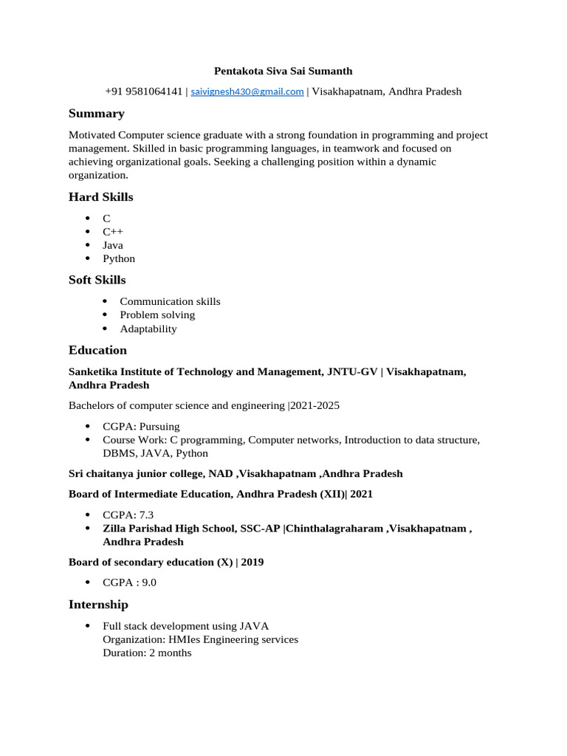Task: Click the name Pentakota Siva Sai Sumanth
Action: coord(283,71)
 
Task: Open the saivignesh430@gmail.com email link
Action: coord(247,92)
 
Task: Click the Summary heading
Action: coord(97,114)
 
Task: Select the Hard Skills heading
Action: coord(101,197)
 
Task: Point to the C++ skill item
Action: coord(113,232)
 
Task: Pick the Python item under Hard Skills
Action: coord(119,259)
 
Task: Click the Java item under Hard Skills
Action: coord(113,245)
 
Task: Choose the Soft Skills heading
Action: coord(97,281)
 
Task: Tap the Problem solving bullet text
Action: coord(157,315)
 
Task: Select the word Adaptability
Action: coord(148,329)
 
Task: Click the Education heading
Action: coord(98,351)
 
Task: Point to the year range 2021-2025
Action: coord(315,406)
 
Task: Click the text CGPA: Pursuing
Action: coord(141,427)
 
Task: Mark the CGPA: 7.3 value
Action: coord(128,515)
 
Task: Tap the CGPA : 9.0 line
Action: coord(130,583)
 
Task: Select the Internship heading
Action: coord(98,605)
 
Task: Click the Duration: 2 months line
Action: coord(148,653)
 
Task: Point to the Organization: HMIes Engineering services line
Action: coord(201,639)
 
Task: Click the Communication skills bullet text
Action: coord(170,302)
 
